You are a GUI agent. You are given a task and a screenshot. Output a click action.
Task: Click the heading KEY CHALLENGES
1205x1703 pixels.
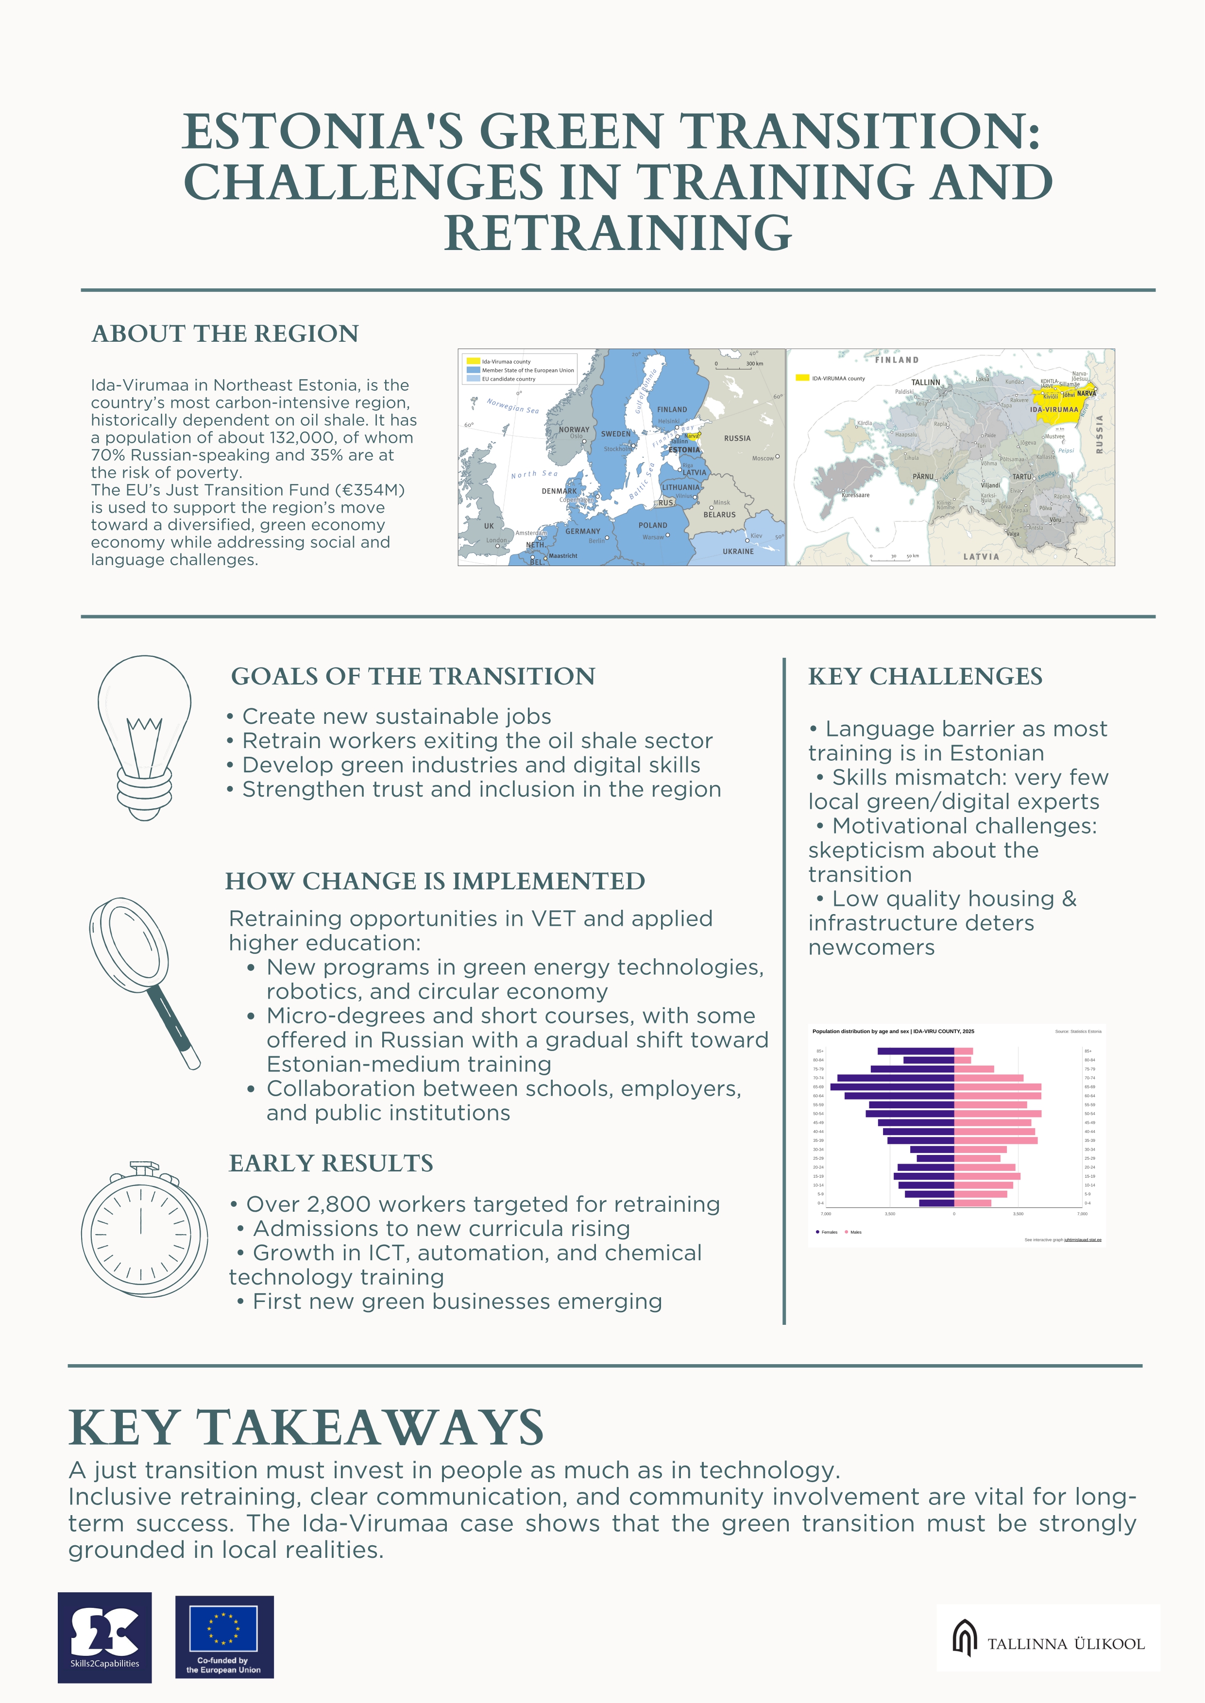pyautogui.click(x=925, y=676)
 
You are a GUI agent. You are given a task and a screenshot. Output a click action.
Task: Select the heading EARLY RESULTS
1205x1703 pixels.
pyautogui.click(x=331, y=1163)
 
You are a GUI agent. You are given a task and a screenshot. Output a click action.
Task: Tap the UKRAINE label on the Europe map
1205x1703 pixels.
pyautogui.click(x=738, y=551)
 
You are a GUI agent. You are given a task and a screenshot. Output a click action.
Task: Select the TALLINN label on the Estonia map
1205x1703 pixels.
pyautogui.click(x=925, y=383)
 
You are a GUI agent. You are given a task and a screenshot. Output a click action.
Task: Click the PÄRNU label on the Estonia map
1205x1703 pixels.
pyautogui.click(x=923, y=476)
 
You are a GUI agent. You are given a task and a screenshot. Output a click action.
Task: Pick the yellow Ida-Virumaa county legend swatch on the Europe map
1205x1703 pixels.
pyautogui.click(x=473, y=361)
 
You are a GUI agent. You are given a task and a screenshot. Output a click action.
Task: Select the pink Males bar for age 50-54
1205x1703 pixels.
pyautogui.click(x=997, y=1113)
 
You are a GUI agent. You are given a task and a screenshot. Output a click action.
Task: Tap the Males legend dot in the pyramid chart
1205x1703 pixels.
pyautogui.click(x=846, y=1232)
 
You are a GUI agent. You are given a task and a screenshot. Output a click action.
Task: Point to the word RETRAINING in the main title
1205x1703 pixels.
pyautogui.click(x=618, y=234)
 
